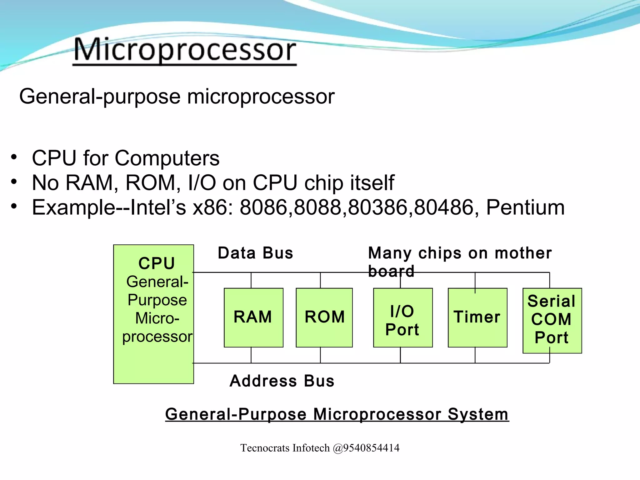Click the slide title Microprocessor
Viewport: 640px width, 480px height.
point(184,50)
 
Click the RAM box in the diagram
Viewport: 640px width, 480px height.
point(253,317)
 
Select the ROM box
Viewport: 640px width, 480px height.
point(324,317)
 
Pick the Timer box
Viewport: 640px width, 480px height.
point(477,317)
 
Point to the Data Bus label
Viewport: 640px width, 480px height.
point(255,253)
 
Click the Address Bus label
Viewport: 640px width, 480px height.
point(282,381)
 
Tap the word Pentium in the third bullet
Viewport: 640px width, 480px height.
point(525,207)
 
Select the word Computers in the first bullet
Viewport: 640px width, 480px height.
point(167,158)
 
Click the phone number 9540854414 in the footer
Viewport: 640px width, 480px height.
point(371,448)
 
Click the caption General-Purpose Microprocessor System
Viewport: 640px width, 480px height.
point(337,414)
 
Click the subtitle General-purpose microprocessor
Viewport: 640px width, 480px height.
point(177,96)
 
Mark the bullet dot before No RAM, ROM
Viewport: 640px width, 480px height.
point(14,182)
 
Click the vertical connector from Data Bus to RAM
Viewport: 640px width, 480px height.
point(251,280)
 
